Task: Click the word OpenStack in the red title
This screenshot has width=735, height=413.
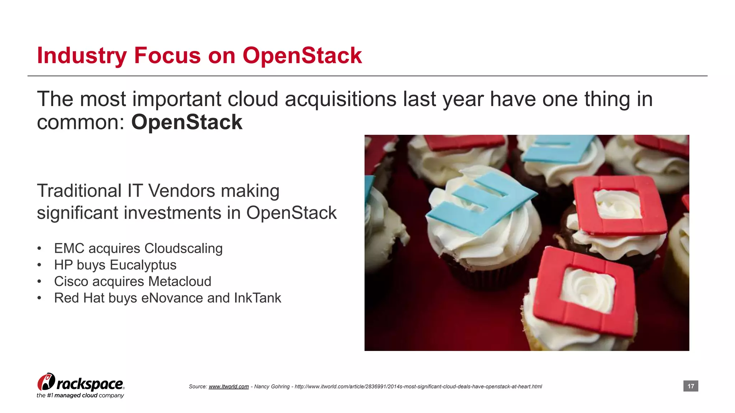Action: click(x=302, y=56)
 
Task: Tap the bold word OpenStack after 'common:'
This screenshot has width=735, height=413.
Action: click(x=187, y=122)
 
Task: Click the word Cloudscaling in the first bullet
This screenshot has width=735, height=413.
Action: click(x=183, y=248)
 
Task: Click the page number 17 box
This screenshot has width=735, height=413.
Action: click(x=690, y=386)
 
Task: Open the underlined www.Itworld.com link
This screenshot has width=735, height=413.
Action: click(x=229, y=386)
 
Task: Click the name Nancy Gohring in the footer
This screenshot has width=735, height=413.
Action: click(x=272, y=386)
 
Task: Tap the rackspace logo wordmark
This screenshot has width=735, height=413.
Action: click(x=90, y=384)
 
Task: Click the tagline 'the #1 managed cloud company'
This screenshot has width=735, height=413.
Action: click(x=80, y=395)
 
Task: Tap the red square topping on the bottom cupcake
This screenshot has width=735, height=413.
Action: click(x=583, y=290)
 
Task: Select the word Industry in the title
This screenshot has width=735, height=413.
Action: click(x=82, y=56)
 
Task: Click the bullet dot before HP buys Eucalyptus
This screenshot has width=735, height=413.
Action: click(x=39, y=265)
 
